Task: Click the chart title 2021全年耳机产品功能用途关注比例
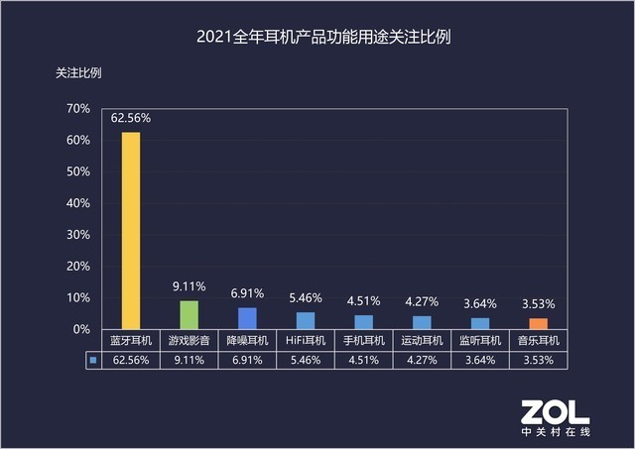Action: pyautogui.click(x=317, y=40)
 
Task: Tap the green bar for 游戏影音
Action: pyautogui.click(x=189, y=314)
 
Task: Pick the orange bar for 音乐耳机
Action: pyautogui.click(x=538, y=323)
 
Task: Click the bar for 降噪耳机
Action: pyautogui.click(x=247, y=318)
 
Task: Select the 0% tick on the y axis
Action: pyautogui.click(x=81, y=329)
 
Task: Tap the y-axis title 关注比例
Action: pyautogui.click(x=77, y=72)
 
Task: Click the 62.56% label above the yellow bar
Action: pyautogui.click(x=130, y=118)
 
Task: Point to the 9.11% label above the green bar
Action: pyautogui.click(x=189, y=286)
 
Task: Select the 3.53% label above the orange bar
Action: pyautogui.click(x=538, y=303)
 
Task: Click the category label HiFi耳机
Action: pyautogui.click(x=306, y=341)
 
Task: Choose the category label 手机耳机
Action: pyautogui.click(x=363, y=341)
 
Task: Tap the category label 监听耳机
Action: pyautogui.click(x=479, y=341)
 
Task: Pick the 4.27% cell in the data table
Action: pyautogui.click(x=422, y=361)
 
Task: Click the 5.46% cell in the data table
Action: pyautogui.click(x=306, y=361)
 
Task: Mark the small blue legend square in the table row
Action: pyautogui.click(x=92, y=361)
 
